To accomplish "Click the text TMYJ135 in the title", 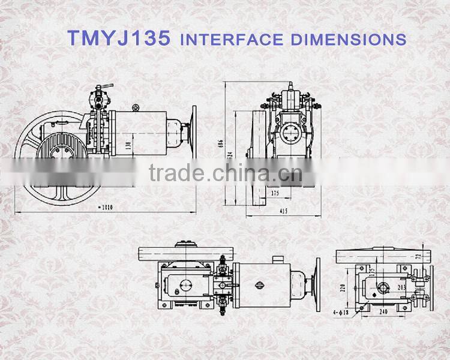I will point(119,38).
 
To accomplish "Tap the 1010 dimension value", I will point(105,208).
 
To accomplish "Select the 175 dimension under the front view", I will point(275,193).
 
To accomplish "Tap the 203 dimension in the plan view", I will point(401,287).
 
